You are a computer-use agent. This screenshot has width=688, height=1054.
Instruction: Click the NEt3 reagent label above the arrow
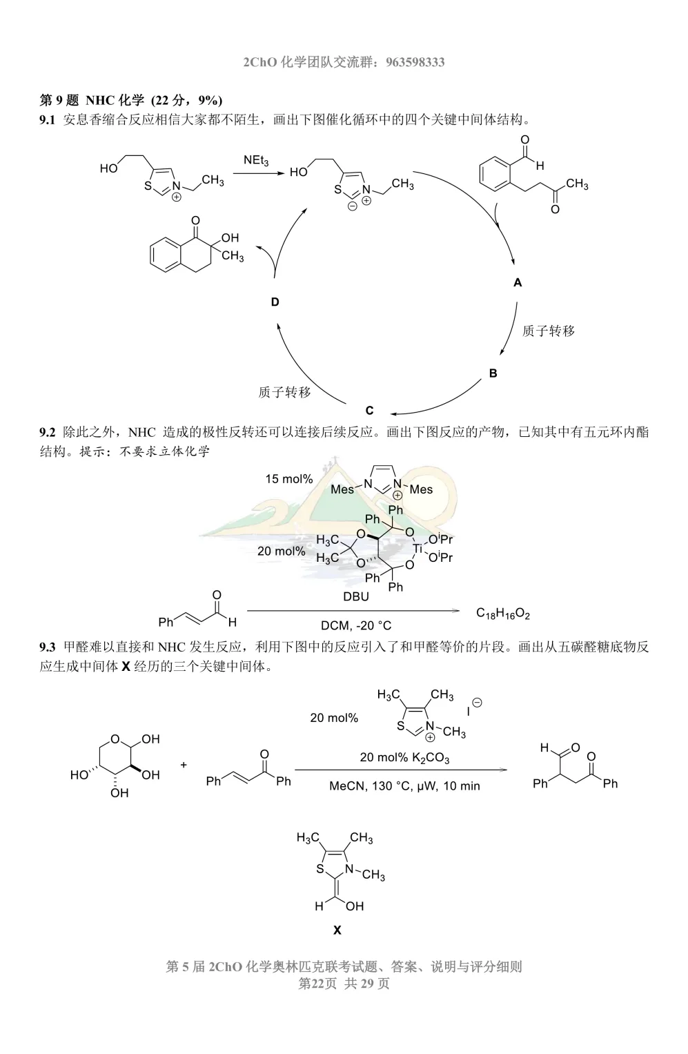pyautogui.click(x=256, y=160)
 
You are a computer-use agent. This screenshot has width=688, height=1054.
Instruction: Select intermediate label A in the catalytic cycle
pyautogui.click(x=518, y=283)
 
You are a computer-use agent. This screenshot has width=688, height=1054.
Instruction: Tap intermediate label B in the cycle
pyautogui.click(x=493, y=373)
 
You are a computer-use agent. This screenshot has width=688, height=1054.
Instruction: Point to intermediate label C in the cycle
pyautogui.click(x=369, y=411)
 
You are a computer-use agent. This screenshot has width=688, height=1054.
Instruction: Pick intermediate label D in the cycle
pyautogui.click(x=275, y=302)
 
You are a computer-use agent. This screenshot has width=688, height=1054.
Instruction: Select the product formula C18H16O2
pyautogui.click(x=502, y=614)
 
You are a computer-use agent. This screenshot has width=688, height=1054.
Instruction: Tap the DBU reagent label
pyautogui.click(x=356, y=596)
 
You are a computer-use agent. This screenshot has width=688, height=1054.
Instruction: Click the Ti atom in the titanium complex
pyautogui.click(x=417, y=548)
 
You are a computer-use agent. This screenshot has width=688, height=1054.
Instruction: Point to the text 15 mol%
pyautogui.click(x=288, y=479)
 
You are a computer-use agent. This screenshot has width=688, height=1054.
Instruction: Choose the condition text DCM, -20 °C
pyautogui.click(x=356, y=625)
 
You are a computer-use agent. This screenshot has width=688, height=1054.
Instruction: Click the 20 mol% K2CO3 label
pyautogui.click(x=404, y=758)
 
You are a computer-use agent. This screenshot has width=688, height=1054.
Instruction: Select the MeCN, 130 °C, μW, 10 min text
pyautogui.click(x=404, y=785)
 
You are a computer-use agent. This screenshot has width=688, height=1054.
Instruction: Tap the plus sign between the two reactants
pyautogui.click(x=184, y=765)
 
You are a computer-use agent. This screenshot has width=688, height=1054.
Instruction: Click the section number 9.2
pyautogui.click(x=47, y=432)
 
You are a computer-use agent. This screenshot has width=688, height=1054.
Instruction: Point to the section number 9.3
pyautogui.click(x=47, y=647)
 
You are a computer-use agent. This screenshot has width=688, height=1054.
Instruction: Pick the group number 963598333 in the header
pyautogui.click(x=415, y=62)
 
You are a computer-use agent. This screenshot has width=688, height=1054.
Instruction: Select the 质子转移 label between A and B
pyautogui.click(x=549, y=331)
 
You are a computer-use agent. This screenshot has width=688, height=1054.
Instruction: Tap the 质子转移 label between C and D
pyautogui.click(x=284, y=392)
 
